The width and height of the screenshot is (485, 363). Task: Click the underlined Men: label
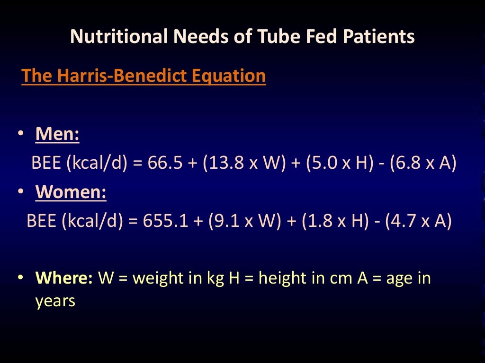57,135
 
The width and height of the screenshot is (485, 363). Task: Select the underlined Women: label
71,192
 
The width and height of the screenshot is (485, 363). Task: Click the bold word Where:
64,278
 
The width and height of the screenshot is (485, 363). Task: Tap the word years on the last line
55,301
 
